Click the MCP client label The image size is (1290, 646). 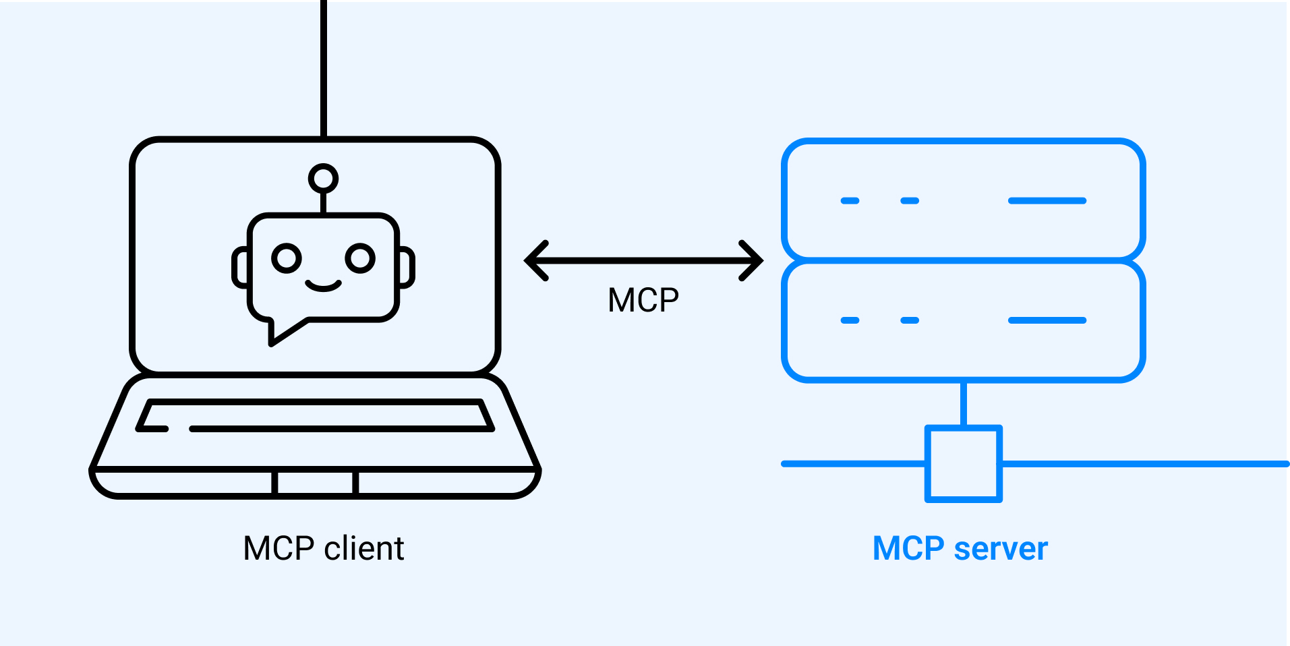point(323,548)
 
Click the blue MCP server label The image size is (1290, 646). point(960,548)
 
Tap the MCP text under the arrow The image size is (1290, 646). point(643,300)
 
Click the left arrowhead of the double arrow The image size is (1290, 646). point(537,260)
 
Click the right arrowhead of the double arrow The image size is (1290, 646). point(751,260)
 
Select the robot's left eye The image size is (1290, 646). point(287,258)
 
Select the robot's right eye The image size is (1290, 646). point(360,258)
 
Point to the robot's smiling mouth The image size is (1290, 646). point(323,285)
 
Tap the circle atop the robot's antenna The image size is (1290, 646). point(323,179)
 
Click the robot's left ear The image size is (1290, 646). point(240,268)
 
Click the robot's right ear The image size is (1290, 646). point(407,268)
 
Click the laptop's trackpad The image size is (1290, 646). point(315,483)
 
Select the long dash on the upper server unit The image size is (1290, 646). point(1047,201)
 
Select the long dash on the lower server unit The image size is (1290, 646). point(1047,320)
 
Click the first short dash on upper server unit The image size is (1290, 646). point(850,201)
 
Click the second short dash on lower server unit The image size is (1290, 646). point(910,320)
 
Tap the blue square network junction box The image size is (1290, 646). point(963,464)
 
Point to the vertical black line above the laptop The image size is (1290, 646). point(324,67)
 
